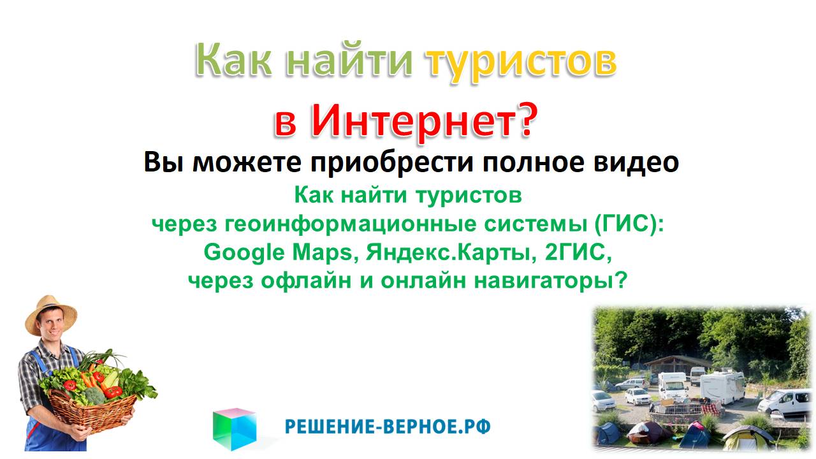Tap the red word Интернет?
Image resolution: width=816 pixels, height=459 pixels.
pyautogui.click(x=423, y=120)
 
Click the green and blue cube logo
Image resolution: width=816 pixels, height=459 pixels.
pyautogui.click(x=234, y=428)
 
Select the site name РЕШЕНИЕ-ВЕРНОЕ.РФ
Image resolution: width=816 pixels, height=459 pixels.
pyautogui.click(x=388, y=426)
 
